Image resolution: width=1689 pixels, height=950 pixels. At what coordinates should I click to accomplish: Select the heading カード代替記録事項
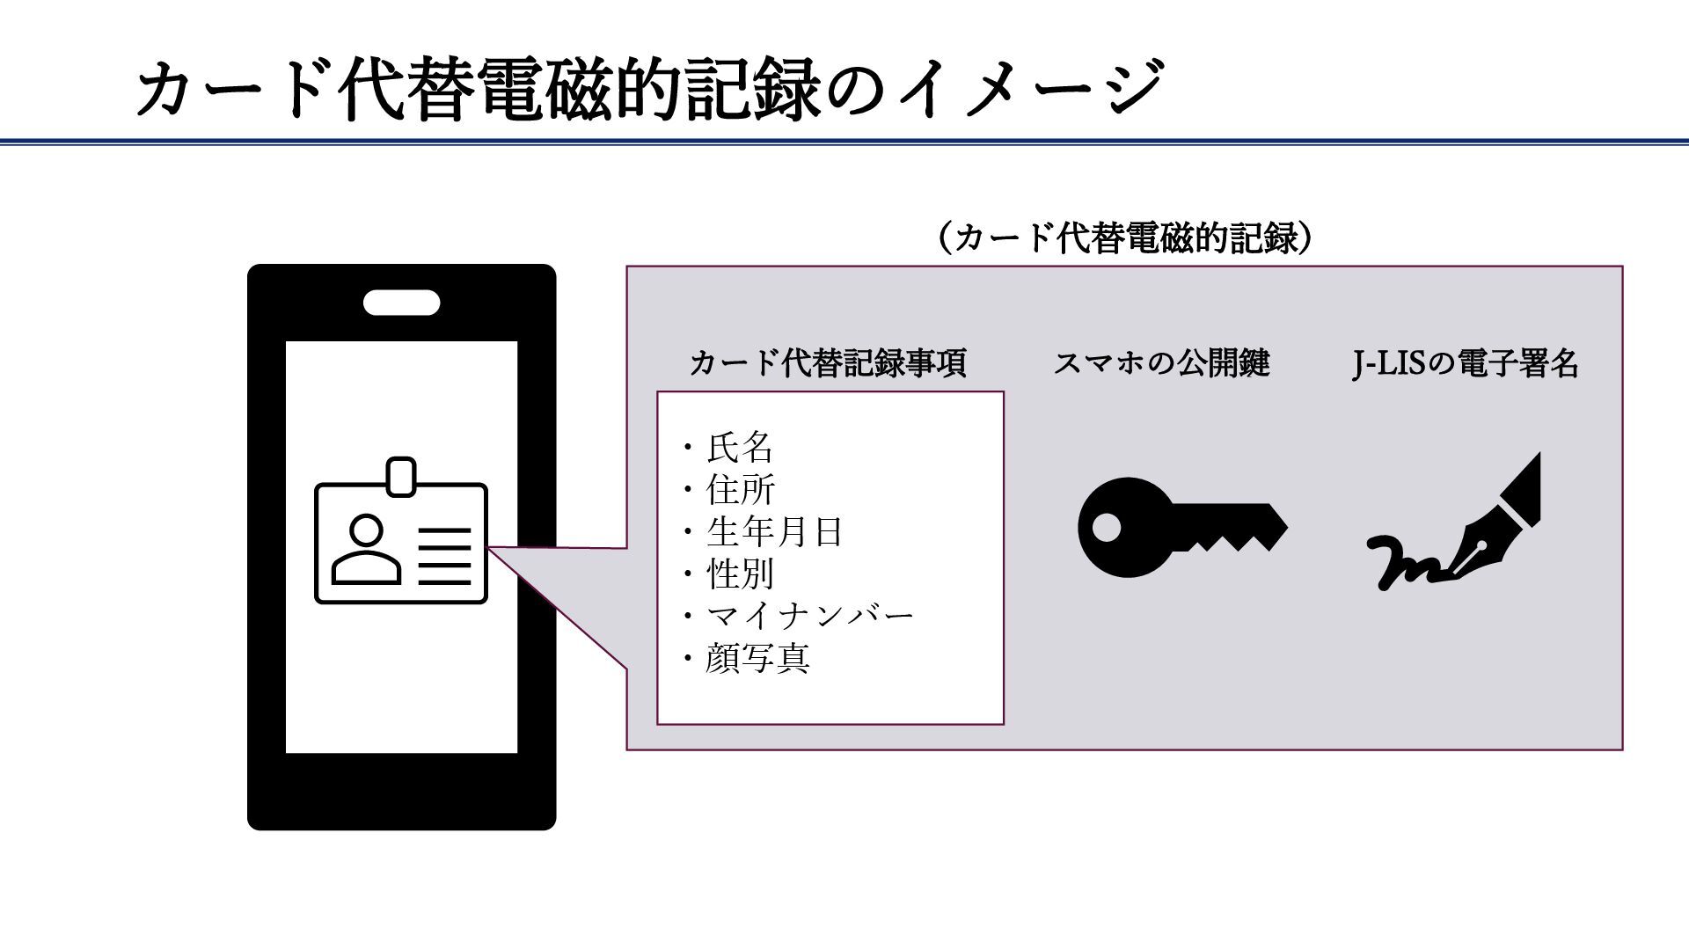828,362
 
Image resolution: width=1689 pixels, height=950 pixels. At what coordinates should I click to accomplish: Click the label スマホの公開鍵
1161,362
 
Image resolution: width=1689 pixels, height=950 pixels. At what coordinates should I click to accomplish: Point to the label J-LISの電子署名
1465,362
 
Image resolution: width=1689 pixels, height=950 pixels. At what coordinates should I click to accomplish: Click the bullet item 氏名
739,448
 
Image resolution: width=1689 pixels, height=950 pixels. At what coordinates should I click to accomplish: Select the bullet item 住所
740,490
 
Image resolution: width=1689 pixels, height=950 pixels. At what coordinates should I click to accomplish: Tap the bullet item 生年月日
774,532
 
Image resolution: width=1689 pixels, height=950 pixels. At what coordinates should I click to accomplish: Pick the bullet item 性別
740,574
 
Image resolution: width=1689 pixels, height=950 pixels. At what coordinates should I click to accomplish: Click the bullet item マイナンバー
809,616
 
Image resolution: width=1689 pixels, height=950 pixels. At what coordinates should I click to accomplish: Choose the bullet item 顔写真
757,658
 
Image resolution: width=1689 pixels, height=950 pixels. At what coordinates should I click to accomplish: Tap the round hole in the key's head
1107,528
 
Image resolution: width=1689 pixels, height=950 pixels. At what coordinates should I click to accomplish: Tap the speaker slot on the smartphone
401,303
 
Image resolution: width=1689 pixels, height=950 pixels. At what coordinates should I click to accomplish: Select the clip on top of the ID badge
401,476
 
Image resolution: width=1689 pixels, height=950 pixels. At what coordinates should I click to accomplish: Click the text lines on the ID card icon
444,556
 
